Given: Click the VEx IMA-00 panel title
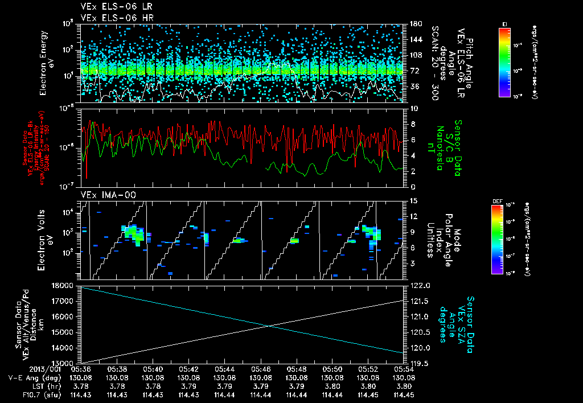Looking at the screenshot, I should click(x=105, y=195).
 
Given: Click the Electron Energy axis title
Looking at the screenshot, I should click(x=45, y=63).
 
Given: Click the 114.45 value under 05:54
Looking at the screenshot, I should click(x=404, y=394).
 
